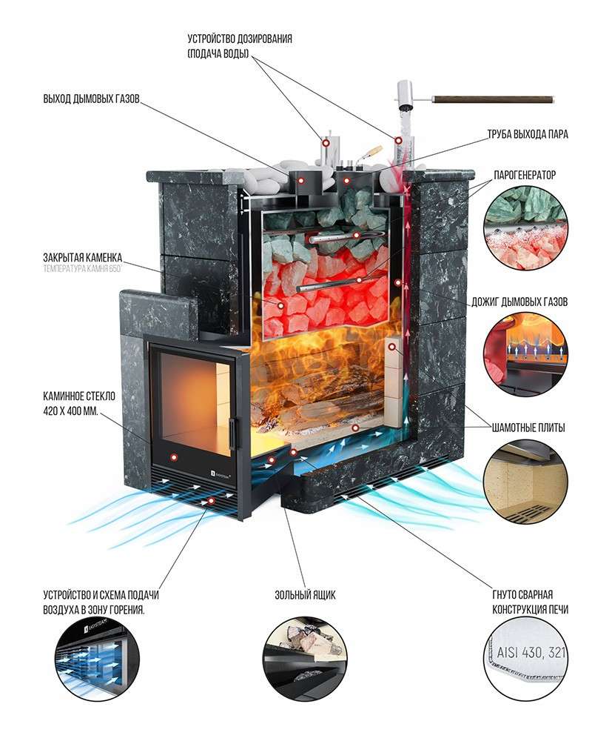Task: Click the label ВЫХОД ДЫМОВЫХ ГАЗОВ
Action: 91,99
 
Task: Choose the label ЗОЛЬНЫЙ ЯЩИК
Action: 306,595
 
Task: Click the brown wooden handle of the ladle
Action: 493,98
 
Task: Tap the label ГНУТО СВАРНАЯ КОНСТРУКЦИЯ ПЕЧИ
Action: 531,602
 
